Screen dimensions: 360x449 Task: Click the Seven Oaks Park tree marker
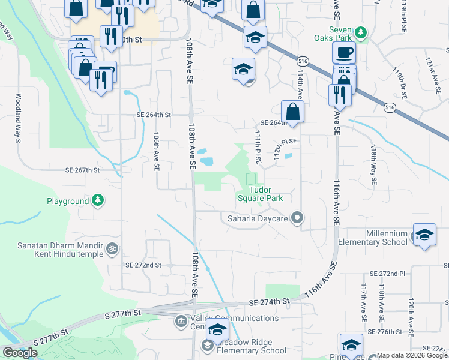pos(361,32)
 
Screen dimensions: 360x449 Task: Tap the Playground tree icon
pos(97,200)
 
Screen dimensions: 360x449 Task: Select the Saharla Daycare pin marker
pos(296,218)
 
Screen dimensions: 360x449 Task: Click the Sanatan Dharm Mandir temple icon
pos(111,248)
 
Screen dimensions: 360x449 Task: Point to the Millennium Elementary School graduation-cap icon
pos(424,235)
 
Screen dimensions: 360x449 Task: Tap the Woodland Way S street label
pos(19,118)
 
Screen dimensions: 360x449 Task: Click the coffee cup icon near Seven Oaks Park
pos(344,52)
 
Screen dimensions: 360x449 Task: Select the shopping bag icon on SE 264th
pos(292,111)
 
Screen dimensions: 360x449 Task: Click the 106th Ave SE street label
pos(156,152)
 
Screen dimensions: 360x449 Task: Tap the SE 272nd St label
pos(143,265)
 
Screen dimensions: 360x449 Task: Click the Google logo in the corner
pos(20,353)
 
